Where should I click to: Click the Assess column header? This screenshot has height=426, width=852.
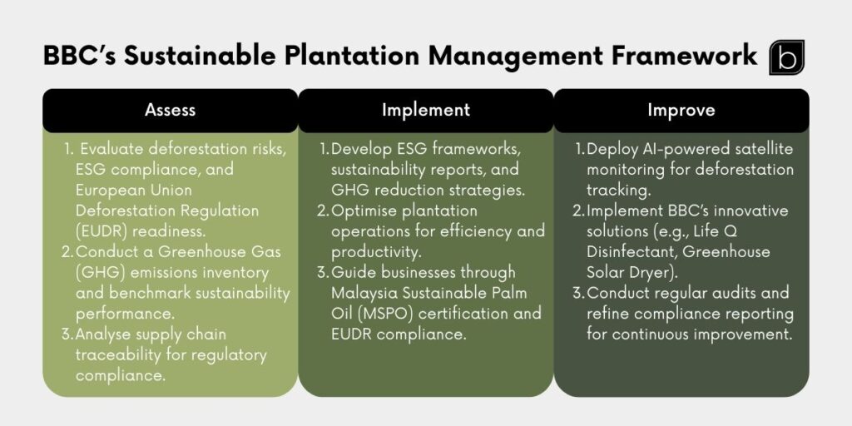(170, 110)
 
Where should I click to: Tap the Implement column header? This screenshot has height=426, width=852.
(425, 110)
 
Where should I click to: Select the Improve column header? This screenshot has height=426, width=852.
(681, 110)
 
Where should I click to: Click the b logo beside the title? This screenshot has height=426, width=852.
(786, 57)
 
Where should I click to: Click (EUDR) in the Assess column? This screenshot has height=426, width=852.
(102, 231)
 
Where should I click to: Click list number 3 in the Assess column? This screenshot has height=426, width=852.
(68, 334)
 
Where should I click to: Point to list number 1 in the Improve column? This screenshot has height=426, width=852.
(579, 150)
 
